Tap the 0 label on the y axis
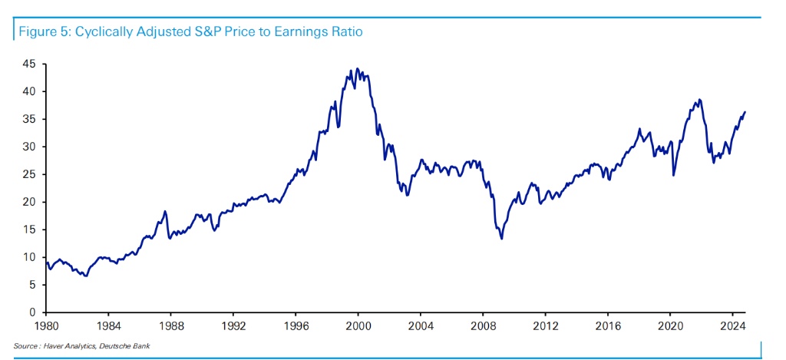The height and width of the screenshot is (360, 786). pyautogui.click(x=33, y=312)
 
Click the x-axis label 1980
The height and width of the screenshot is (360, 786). pyautogui.click(x=46, y=325)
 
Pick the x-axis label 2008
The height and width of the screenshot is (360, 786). pyautogui.click(x=483, y=325)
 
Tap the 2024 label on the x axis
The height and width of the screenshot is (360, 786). pyautogui.click(x=732, y=325)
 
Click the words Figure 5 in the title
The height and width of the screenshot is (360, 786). pyautogui.click(x=39, y=32)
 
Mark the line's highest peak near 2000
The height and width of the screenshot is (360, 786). pyautogui.click(x=358, y=69)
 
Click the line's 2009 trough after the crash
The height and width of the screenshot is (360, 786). pyautogui.click(x=502, y=238)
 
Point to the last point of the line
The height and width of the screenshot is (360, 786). pyautogui.click(x=745, y=112)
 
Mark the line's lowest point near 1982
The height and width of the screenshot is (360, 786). pyautogui.click(x=86, y=276)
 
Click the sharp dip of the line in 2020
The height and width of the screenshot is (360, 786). pyautogui.click(x=673, y=175)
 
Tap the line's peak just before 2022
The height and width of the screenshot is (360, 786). pyautogui.click(x=698, y=100)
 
